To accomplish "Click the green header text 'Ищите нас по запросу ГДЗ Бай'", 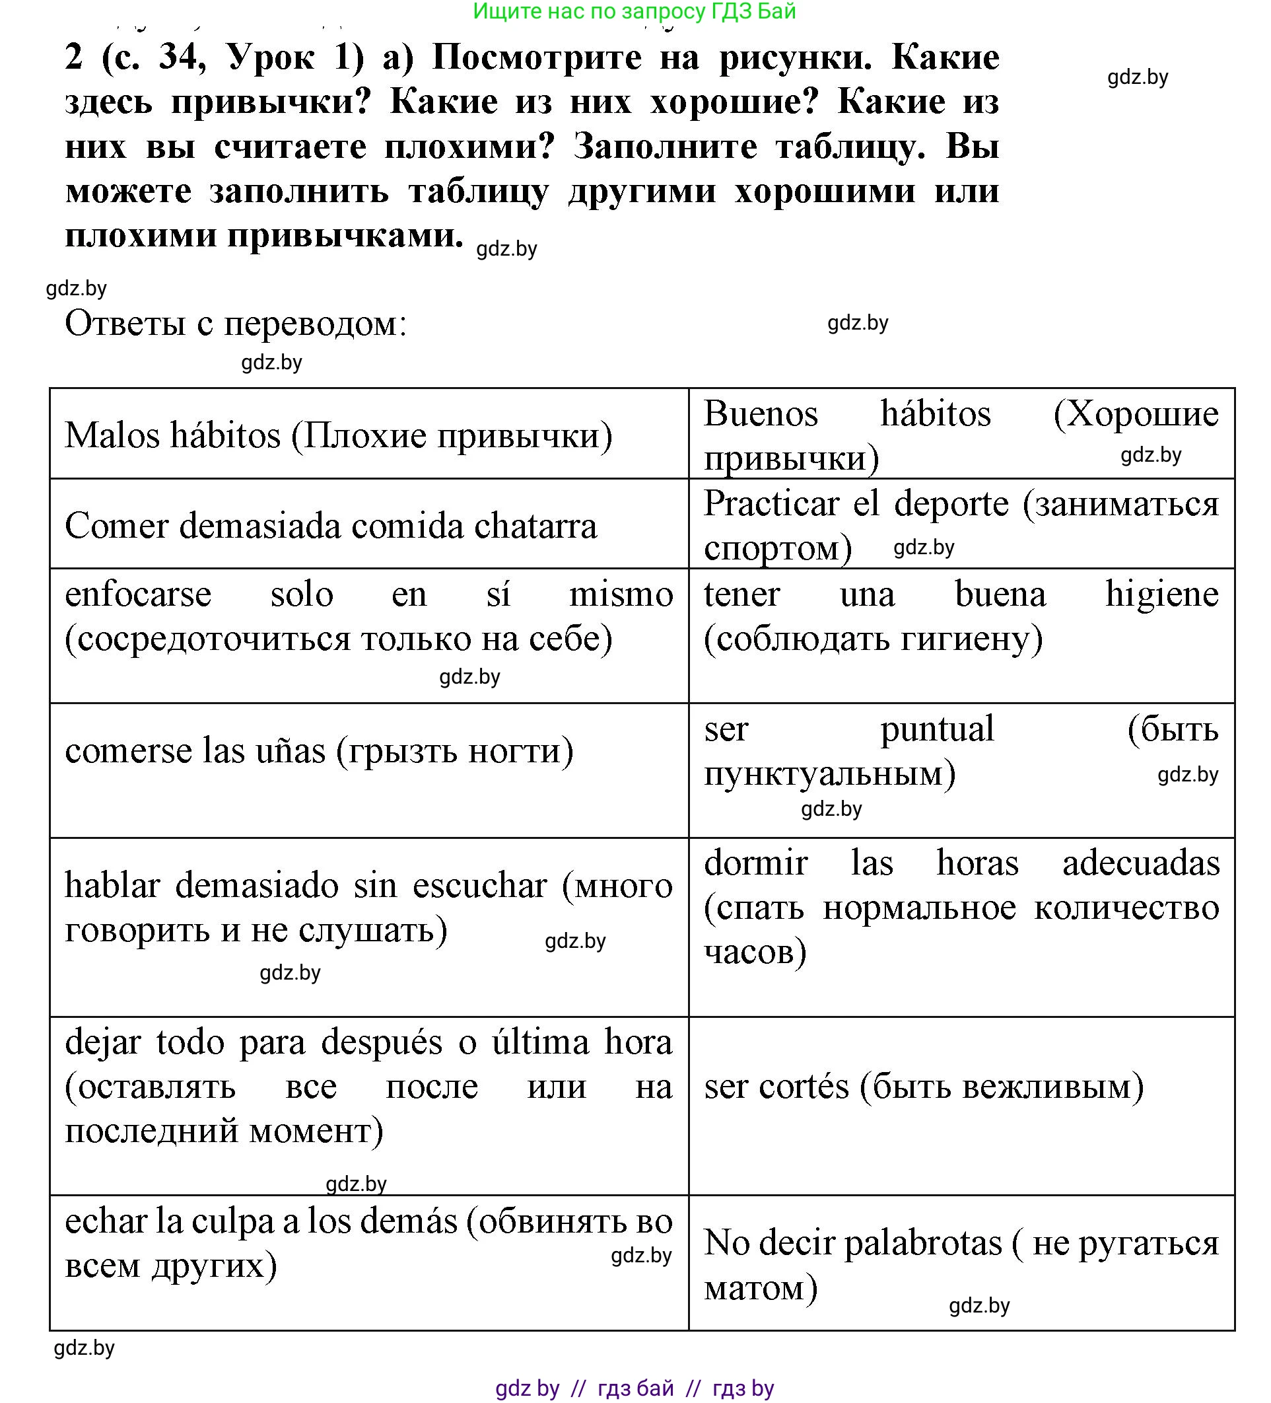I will click(634, 11).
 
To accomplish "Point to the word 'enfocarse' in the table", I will click(138, 594).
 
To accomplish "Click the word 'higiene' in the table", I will click(1162, 594).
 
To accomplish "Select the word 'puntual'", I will click(937, 729).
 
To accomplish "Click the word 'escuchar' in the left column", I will click(480, 885).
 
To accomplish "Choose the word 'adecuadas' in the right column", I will click(1141, 863).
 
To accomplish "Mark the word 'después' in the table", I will click(381, 1042).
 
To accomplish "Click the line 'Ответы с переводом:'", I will click(236, 324).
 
